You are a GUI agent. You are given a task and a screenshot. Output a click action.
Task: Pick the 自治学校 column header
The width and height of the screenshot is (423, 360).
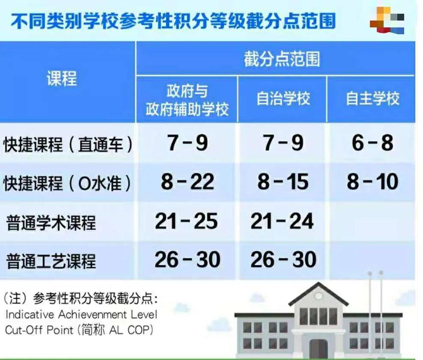coord(283,99)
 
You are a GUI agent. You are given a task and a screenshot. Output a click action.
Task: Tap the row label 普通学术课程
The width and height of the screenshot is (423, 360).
coord(51,223)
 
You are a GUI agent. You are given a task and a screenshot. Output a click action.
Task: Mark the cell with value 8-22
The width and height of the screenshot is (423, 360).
coord(188,182)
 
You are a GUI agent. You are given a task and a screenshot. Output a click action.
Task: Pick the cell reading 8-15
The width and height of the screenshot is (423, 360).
coord(283,182)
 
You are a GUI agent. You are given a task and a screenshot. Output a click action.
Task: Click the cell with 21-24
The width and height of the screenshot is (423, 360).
coord(282,221)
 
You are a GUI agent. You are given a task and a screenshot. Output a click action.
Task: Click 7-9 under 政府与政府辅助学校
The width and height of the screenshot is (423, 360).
coord(188,143)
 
